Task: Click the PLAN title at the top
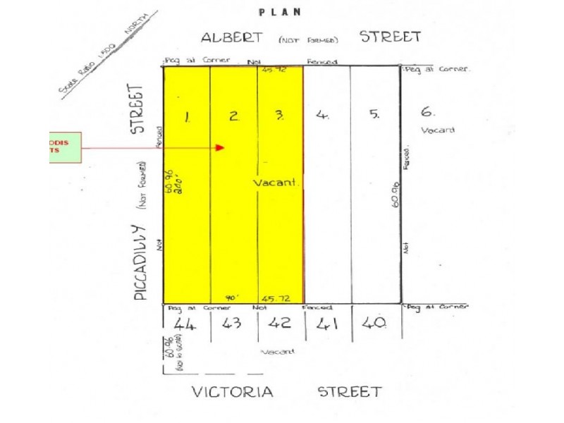click(x=280, y=11)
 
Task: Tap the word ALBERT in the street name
click(x=232, y=37)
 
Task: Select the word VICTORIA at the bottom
click(x=232, y=392)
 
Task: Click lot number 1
click(x=186, y=118)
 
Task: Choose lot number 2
click(x=234, y=118)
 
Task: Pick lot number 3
click(x=280, y=117)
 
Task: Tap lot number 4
click(x=322, y=116)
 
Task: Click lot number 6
click(x=427, y=111)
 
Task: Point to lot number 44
click(x=185, y=325)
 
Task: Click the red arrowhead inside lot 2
click(x=219, y=148)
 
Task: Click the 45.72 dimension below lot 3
click(x=274, y=298)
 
